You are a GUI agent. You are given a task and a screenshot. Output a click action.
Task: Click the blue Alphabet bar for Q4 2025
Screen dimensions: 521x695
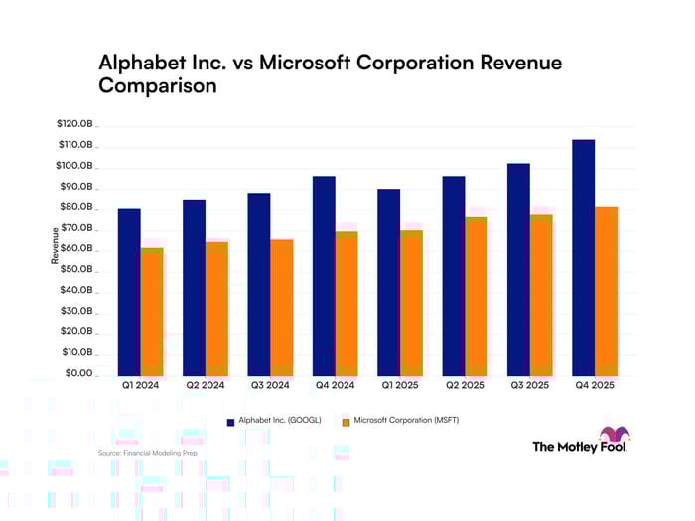click(583, 257)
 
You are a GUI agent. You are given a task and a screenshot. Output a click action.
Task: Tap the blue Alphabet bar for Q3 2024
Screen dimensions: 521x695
click(259, 284)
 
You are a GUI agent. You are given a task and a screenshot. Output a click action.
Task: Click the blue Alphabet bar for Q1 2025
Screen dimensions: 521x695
click(389, 282)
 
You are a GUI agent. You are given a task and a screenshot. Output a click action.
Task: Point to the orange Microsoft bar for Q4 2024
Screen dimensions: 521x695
click(347, 303)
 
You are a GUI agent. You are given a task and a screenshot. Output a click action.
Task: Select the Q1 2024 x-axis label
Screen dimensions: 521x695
click(140, 385)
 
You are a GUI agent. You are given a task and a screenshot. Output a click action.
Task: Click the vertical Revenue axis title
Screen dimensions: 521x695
click(56, 245)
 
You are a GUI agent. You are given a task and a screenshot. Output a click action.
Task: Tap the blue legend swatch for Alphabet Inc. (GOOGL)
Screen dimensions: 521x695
click(231, 422)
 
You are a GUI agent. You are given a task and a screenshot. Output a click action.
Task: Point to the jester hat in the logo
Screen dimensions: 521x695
click(615, 435)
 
